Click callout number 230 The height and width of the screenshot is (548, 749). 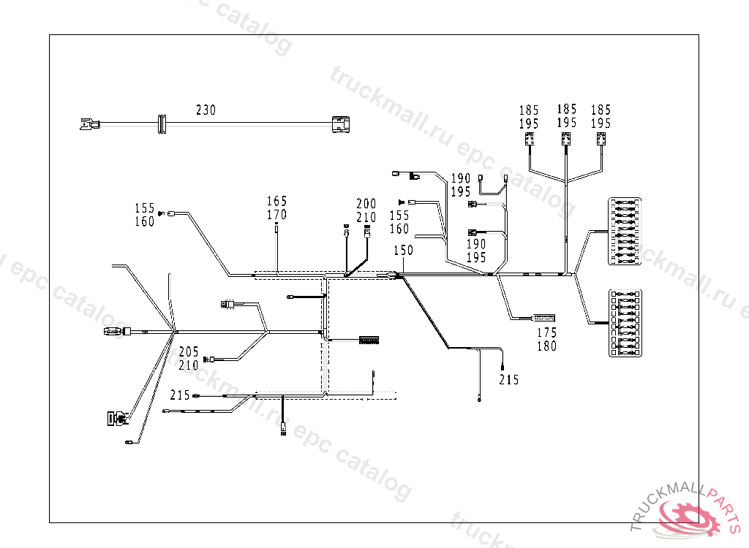coord(206,110)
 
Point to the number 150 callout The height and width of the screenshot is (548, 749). coord(403,250)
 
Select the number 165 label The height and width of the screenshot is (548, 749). coord(276,201)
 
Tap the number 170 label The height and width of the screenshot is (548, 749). coord(276,215)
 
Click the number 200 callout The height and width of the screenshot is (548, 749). coord(366,203)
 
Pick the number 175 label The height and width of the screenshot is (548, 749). coord(546,333)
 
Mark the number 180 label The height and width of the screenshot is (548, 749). coord(546,346)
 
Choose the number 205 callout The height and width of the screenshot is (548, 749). coord(188,351)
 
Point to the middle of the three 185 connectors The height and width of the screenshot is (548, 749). coord(566,139)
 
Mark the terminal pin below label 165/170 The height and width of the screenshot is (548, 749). coord(276,228)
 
